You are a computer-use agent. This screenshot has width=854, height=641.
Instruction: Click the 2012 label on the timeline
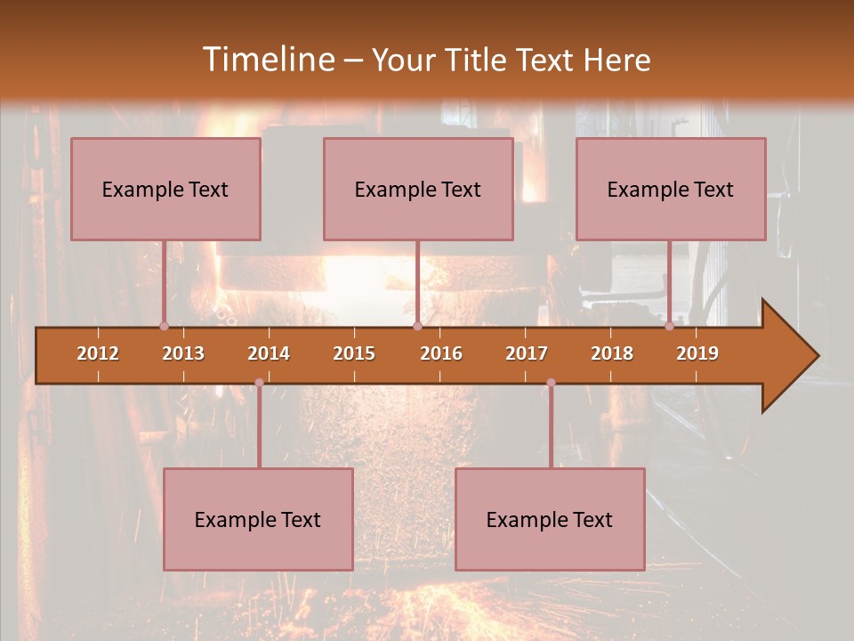(98, 353)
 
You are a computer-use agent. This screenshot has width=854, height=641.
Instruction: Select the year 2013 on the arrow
(183, 353)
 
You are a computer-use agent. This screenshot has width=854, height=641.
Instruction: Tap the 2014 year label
(269, 353)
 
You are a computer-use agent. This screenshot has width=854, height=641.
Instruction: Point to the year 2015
(354, 353)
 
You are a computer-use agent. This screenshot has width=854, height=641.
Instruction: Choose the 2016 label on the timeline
(441, 353)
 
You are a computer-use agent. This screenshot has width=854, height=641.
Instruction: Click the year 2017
(527, 353)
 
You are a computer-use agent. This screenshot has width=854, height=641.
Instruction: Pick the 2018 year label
(612, 353)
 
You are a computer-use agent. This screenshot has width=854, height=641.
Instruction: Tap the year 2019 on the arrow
(697, 353)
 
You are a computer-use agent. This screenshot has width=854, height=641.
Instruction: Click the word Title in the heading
(479, 60)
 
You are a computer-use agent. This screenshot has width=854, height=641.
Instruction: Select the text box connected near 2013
(165, 189)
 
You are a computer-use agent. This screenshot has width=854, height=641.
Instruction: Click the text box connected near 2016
(418, 189)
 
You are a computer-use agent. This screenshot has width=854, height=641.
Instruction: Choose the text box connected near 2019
(671, 189)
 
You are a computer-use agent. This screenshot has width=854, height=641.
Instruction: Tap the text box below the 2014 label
(258, 519)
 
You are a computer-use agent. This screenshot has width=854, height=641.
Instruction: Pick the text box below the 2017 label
(550, 519)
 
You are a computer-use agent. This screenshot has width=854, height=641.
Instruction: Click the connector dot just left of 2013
(164, 326)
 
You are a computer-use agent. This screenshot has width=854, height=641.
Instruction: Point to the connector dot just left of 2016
(417, 326)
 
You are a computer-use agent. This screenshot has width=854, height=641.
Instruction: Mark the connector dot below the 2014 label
(259, 383)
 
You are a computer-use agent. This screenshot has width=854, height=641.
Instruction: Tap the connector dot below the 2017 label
(551, 383)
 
